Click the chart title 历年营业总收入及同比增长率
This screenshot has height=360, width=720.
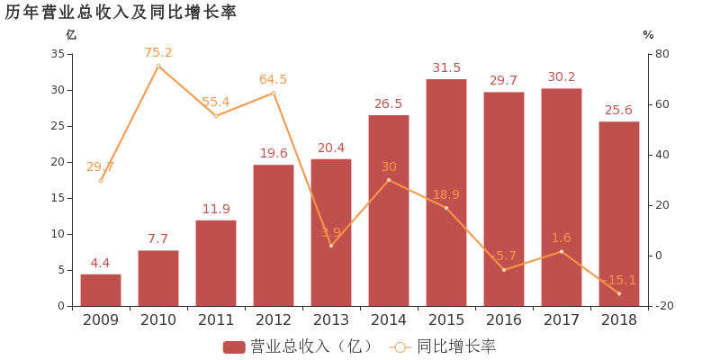click(x=121, y=12)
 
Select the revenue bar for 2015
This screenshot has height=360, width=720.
click(x=446, y=193)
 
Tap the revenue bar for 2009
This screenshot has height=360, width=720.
click(x=101, y=290)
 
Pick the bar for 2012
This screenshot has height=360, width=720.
click(x=274, y=236)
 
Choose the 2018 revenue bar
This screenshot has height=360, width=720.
click(x=619, y=214)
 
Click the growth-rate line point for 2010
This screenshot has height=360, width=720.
click(x=158, y=66)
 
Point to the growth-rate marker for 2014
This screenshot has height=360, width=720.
click(x=389, y=180)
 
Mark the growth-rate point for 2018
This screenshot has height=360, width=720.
click(x=619, y=293)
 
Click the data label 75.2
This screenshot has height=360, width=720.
click(x=158, y=52)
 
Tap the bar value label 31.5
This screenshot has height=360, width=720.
click(x=446, y=67)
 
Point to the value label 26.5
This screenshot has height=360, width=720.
click(x=389, y=103)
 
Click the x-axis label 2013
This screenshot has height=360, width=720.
click(x=331, y=319)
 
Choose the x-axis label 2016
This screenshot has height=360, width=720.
click(x=504, y=319)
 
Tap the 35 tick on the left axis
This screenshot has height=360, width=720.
click(x=57, y=54)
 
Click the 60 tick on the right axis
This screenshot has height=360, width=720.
click(x=661, y=104)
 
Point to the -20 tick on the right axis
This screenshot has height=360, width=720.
click(x=665, y=306)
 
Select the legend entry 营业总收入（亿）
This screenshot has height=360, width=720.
click(x=298, y=346)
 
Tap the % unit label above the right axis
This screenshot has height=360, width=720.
click(x=648, y=35)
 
